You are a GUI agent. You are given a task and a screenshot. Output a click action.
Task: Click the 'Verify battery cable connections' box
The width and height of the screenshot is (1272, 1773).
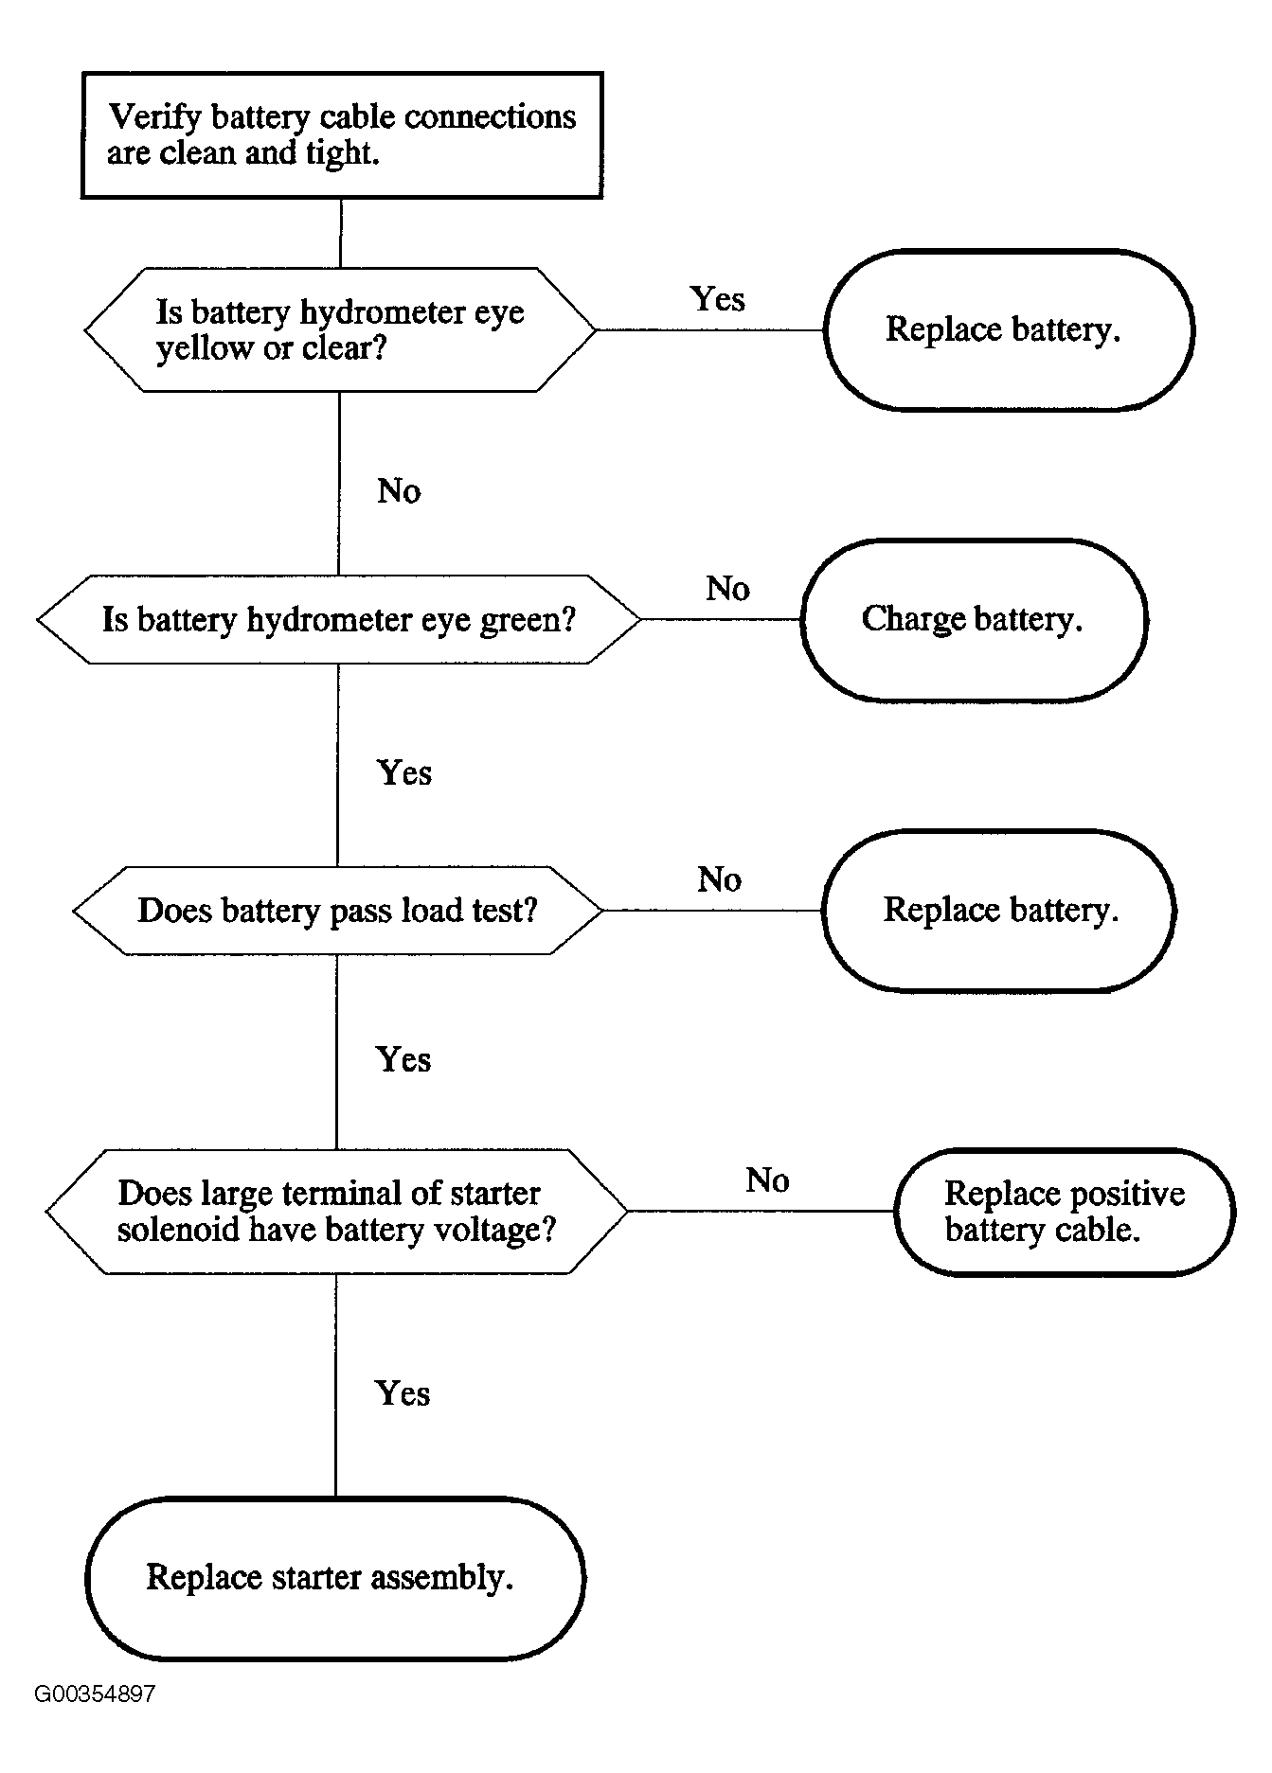[x=342, y=134]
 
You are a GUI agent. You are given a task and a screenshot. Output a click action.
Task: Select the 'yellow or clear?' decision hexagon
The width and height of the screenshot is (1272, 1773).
[x=340, y=329]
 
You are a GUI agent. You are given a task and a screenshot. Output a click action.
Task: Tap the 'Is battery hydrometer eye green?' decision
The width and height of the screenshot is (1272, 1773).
[x=339, y=619]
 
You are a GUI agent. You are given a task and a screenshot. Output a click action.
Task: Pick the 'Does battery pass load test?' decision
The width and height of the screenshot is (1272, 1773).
[x=338, y=910]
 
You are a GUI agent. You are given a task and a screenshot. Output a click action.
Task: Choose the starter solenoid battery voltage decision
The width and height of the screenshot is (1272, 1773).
[x=337, y=1211]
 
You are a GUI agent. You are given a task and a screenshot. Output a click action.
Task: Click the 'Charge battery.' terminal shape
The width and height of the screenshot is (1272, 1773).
[x=974, y=619]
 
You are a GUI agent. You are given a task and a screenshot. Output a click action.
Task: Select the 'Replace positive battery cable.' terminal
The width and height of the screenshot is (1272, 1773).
[x=1065, y=1212]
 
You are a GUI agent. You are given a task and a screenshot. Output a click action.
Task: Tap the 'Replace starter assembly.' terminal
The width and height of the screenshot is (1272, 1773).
[x=335, y=1577]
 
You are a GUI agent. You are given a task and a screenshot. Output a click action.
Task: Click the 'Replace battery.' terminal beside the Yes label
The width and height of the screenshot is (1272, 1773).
[x=1009, y=329]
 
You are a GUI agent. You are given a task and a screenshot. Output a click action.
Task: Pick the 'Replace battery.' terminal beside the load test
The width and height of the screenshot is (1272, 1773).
[x=999, y=910]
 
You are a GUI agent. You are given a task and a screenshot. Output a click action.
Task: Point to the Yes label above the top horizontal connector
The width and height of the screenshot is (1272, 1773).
[x=718, y=299]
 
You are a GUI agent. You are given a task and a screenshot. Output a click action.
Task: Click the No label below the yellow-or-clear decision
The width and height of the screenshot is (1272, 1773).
[x=399, y=490]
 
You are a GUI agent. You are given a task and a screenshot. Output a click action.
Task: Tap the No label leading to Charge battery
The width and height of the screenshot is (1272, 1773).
[x=727, y=589]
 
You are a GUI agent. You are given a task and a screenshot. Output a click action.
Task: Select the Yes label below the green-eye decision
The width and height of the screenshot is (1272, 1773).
[x=404, y=772]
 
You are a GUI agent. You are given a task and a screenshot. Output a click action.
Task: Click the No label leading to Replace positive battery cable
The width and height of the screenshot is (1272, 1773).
[x=767, y=1180]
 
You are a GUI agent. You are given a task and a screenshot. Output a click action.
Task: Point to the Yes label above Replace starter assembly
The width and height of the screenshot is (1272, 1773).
[x=403, y=1393]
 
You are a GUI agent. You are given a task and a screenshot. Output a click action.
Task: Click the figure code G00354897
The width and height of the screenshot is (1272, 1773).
[x=95, y=1694]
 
